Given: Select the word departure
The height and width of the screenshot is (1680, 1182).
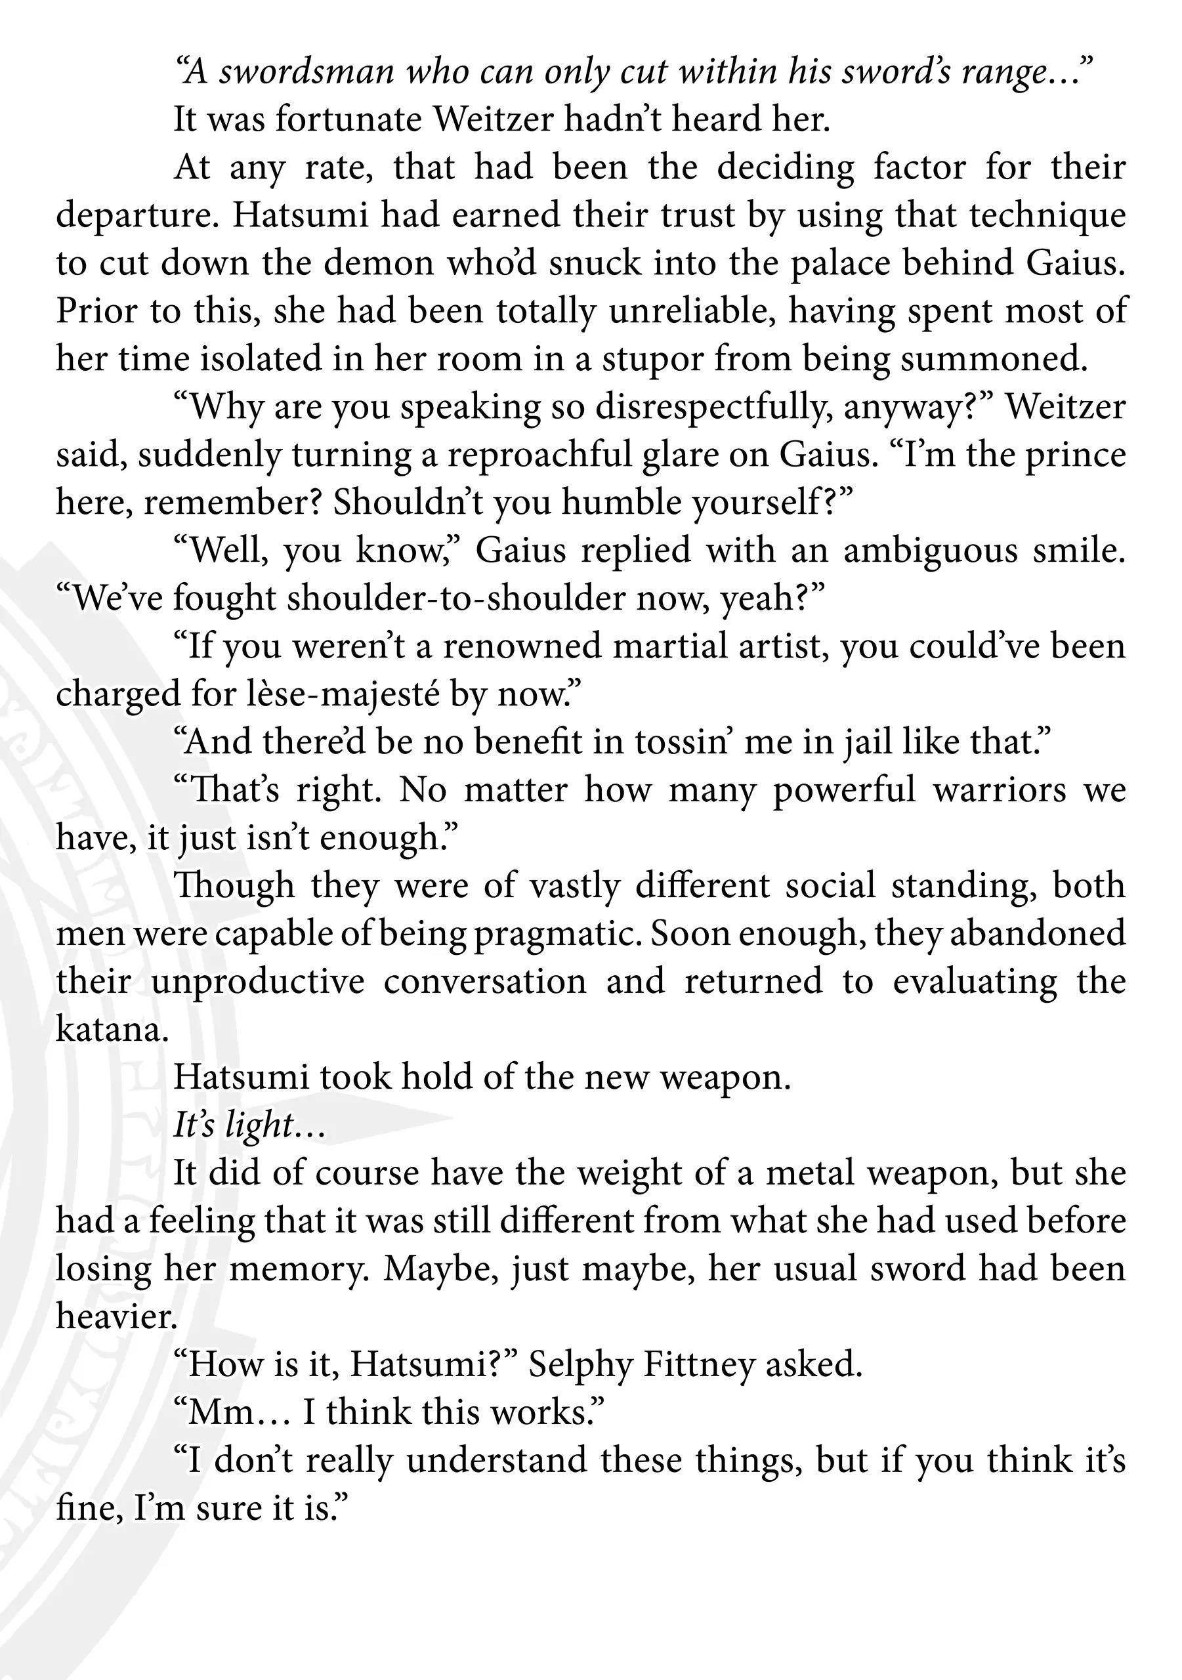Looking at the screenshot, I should pyautogui.click(x=129, y=216).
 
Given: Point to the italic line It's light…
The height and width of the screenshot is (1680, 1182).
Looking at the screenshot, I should pyautogui.click(x=249, y=1125).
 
